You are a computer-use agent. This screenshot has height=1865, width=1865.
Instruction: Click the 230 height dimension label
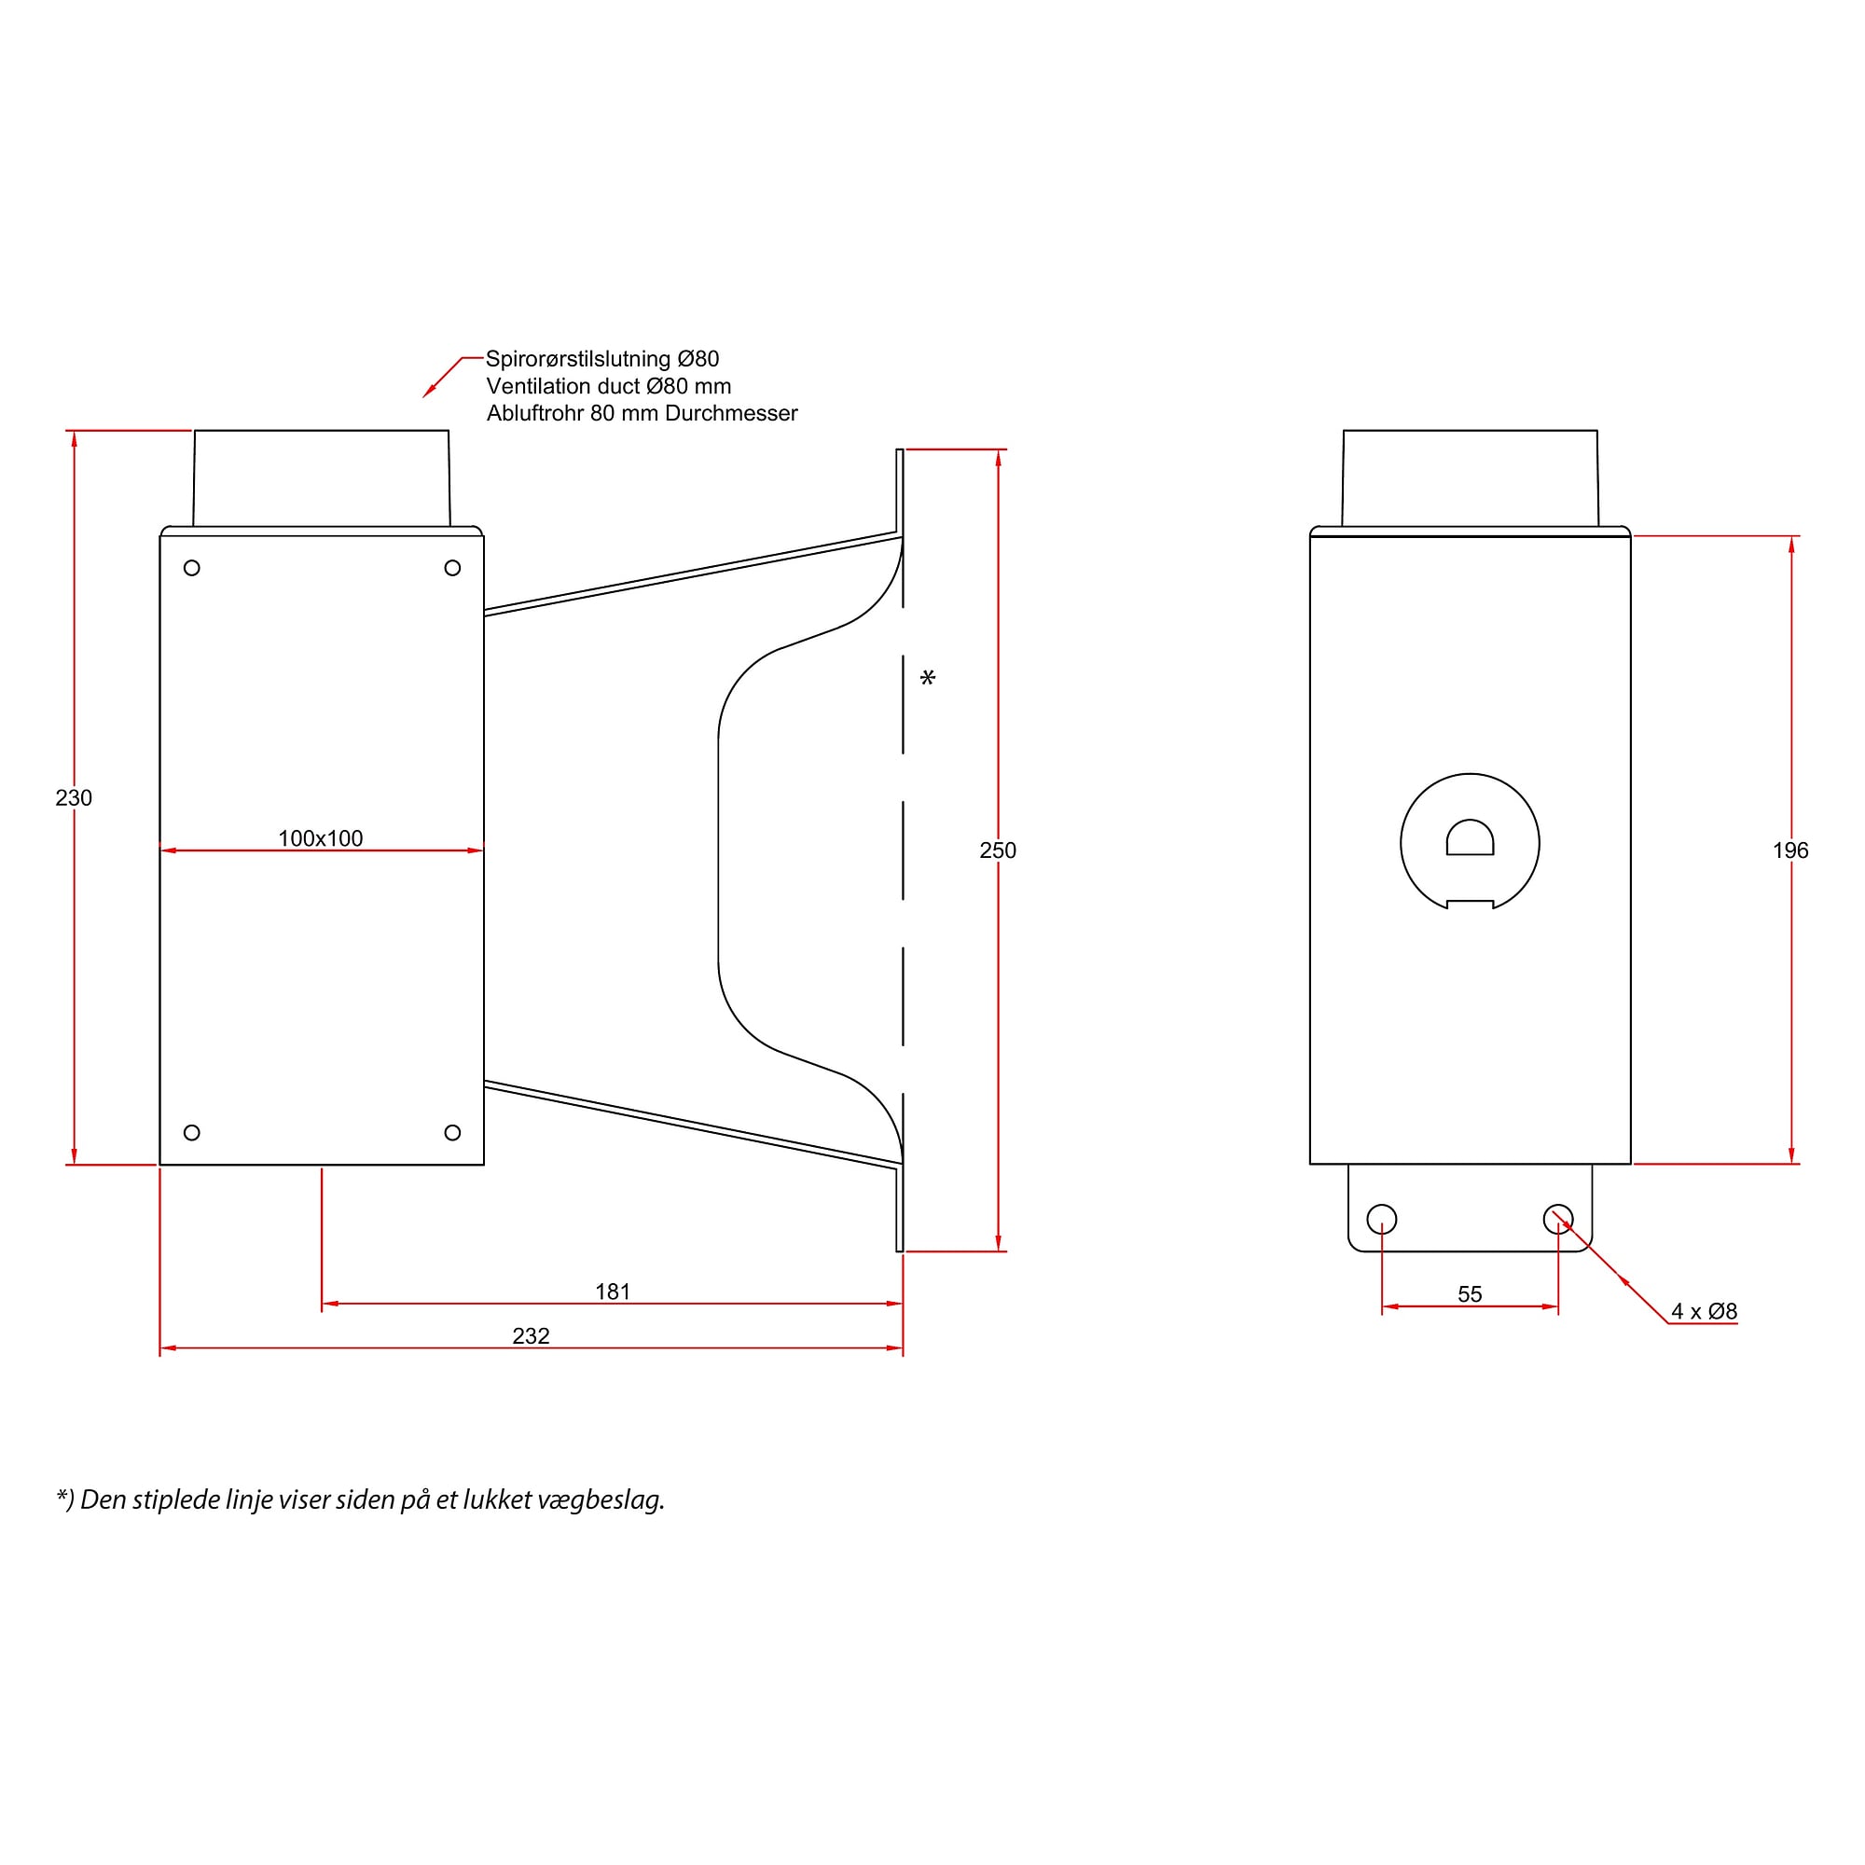(x=74, y=798)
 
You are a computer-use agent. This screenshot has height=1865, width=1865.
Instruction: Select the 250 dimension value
(x=998, y=850)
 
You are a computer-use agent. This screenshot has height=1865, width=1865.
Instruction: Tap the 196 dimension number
(x=1790, y=850)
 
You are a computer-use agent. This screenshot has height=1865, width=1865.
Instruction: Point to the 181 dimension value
(x=613, y=1292)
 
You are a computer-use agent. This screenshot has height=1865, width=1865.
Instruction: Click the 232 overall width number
(x=531, y=1336)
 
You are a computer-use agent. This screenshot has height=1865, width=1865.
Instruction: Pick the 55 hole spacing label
(x=1471, y=1294)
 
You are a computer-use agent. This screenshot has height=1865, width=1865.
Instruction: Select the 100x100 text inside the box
(x=321, y=839)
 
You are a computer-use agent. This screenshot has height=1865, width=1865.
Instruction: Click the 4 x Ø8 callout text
(x=1705, y=1312)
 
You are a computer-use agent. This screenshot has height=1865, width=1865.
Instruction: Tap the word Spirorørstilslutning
(x=578, y=359)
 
